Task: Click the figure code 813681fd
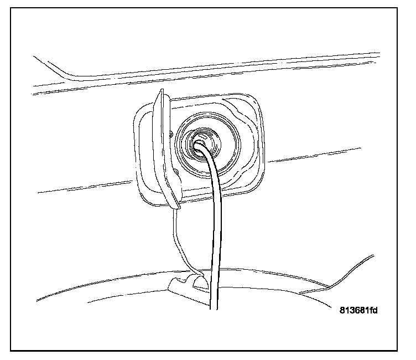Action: tap(358, 311)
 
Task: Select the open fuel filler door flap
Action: tap(168, 150)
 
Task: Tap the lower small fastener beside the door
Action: tap(176, 173)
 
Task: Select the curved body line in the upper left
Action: tap(61, 69)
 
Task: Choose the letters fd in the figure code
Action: tap(373, 311)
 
